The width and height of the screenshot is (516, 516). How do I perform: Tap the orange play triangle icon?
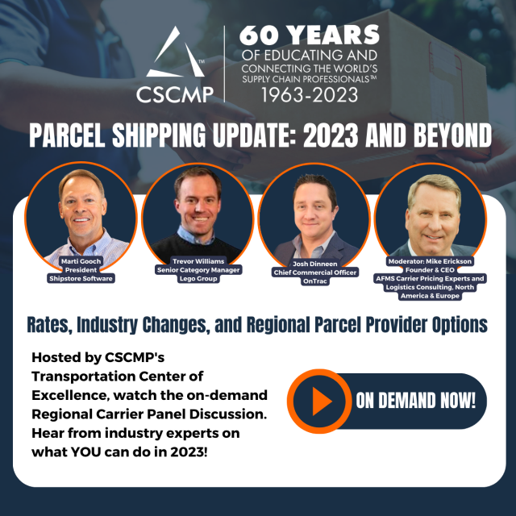click(322, 402)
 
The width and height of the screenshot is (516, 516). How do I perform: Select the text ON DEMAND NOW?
click(416, 401)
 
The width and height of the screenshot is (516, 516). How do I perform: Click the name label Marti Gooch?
click(81, 261)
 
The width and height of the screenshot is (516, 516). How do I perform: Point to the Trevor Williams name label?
click(198, 261)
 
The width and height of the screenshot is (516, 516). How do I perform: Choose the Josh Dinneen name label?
click(315, 264)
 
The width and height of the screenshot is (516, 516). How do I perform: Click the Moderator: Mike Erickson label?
click(430, 261)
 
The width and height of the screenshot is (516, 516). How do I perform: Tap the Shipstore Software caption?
click(81, 278)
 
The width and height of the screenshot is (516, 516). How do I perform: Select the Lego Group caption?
click(198, 278)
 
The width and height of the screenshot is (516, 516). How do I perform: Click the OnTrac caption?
click(315, 281)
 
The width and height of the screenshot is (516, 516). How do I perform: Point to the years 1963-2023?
click(310, 95)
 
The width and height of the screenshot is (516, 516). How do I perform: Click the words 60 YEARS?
click(310, 35)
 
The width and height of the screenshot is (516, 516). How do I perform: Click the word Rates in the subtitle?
click(49, 325)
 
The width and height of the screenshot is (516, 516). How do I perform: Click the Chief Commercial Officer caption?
click(315, 273)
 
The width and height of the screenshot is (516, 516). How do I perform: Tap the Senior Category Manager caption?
click(198, 270)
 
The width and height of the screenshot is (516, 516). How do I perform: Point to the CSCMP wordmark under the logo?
click(175, 94)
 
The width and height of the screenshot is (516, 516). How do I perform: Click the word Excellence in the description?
click(70, 395)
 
